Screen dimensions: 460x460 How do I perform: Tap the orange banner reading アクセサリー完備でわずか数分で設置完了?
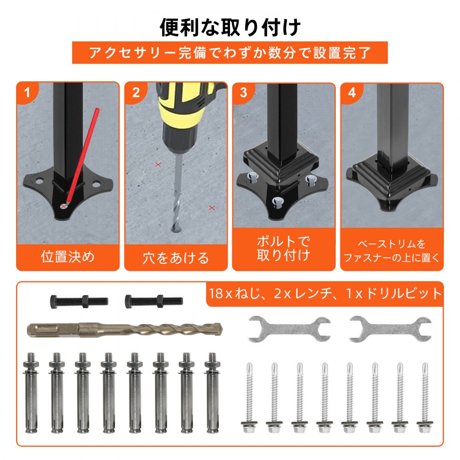(230, 53)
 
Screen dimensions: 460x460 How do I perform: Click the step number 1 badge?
(27, 93)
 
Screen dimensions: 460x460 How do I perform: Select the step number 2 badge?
(136, 93)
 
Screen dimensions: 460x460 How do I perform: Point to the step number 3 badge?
(243, 93)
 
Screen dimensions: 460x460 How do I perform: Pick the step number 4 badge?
(352, 93)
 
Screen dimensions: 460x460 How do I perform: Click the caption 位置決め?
(68, 256)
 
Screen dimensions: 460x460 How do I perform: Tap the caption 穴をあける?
(176, 258)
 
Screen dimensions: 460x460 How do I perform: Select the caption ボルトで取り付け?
(283, 248)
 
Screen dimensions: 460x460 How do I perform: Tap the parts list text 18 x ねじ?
(235, 293)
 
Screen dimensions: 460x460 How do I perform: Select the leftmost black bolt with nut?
(79, 301)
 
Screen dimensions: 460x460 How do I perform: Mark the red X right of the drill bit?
(212, 208)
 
